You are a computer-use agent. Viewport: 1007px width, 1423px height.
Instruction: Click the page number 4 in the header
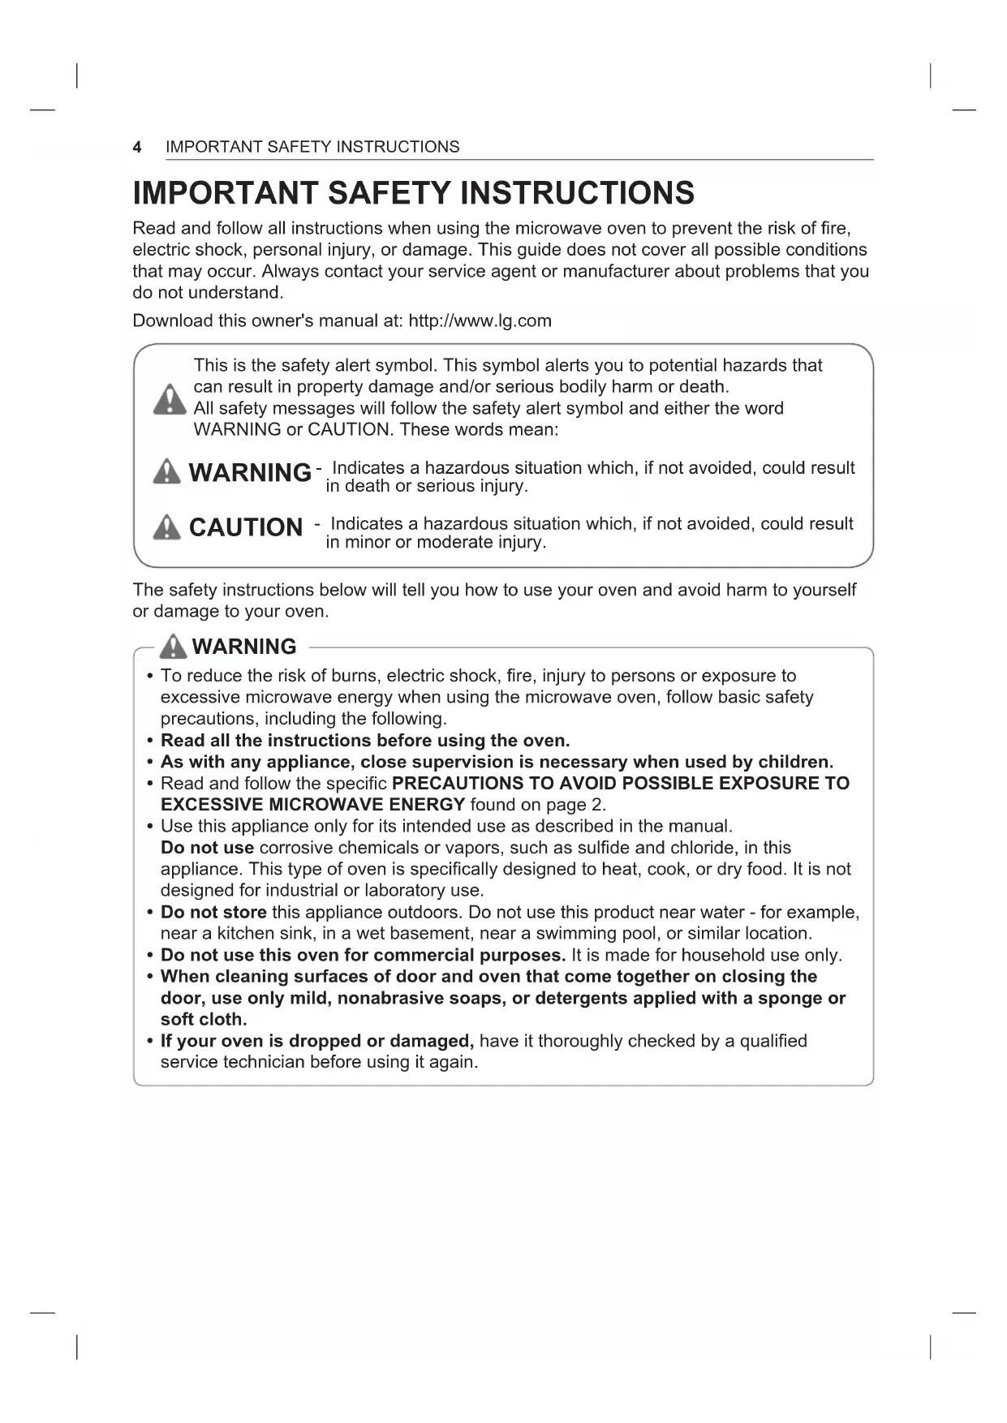[x=137, y=147]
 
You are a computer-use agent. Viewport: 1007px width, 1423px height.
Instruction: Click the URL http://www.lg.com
[x=480, y=320]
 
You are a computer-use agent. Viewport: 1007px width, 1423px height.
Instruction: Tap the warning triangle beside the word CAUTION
[x=166, y=527]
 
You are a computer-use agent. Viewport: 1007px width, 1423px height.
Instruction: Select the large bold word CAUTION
[x=245, y=527]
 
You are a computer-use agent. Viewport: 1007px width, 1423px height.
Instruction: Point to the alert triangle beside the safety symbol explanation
[x=169, y=399]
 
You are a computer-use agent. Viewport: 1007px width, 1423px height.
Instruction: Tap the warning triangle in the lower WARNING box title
[x=174, y=647]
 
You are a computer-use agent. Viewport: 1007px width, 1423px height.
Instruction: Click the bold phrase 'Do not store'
[x=213, y=912]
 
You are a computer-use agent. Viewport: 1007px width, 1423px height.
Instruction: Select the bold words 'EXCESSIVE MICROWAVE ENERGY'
[x=312, y=805]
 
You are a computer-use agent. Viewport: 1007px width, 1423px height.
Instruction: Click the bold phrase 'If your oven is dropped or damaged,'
[x=317, y=1041]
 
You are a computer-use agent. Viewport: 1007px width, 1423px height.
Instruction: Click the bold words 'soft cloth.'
[x=204, y=1020]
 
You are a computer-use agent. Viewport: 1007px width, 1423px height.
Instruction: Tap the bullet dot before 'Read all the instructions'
[x=150, y=741]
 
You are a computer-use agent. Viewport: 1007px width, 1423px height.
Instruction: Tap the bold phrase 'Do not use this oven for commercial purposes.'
[x=363, y=955]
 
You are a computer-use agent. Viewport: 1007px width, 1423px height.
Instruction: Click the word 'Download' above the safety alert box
[x=172, y=320]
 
